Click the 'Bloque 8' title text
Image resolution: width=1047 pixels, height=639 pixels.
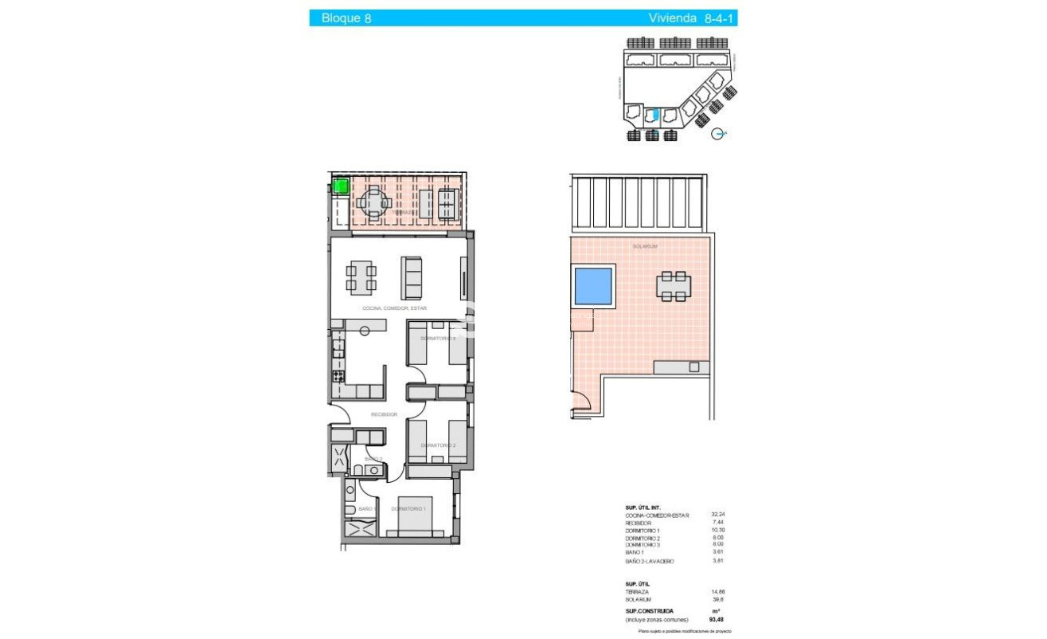346,18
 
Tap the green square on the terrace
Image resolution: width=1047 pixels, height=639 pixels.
340,186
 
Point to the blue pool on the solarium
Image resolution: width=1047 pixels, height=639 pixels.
592,286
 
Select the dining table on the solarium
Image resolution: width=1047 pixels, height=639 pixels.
674,286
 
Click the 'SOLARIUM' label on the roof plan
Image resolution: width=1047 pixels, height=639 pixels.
644,247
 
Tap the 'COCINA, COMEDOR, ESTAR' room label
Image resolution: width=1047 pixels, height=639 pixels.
394,308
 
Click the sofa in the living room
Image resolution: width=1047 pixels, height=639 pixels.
412,277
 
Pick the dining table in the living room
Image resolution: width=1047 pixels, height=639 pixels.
361,278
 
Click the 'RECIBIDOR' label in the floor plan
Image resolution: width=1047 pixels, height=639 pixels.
384,414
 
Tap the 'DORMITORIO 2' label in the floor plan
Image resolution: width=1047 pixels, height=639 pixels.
438,445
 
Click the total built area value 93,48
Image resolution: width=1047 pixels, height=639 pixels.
717,619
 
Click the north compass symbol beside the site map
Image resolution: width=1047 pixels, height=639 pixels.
719,135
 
